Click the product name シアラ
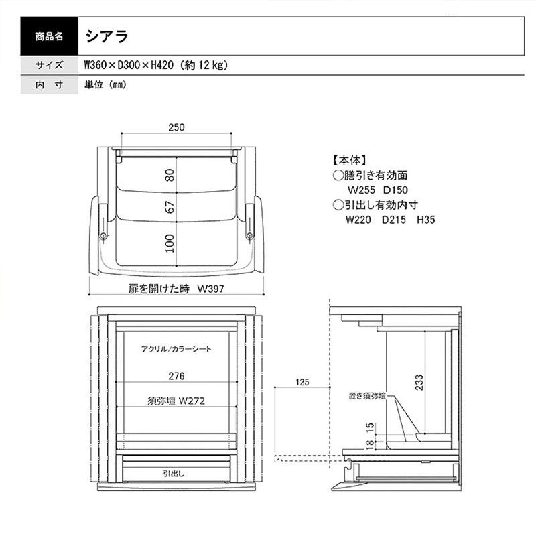pyautogui.click(x=107, y=36)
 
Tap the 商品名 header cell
pyautogui.click(x=49, y=36)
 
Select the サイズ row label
pyautogui.click(x=49, y=65)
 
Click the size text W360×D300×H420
pyautogui.click(x=129, y=65)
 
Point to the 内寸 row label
pyautogui.click(x=49, y=85)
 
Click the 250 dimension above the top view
pyautogui.click(x=176, y=127)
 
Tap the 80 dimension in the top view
pyautogui.click(x=170, y=175)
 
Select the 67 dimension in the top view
pyautogui.click(x=170, y=207)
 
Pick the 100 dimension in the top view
pyautogui.click(x=170, y=243)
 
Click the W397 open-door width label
pyautogui.click(x=210, y=289)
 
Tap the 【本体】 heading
pyautogui.click(x=349, y=160)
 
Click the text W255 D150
pyautogui.click(x=377, y=190)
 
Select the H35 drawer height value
pyautogui.click(x=426, y=220)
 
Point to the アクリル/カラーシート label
pyautogui.click(x=176, y=349)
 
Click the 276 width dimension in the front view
pyautogui.click(x=176, y=376)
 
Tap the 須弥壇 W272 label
pyautogui.click(x=176, y=401)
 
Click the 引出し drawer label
pyautogui.click(x=174, y=474)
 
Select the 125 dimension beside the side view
pyautogui.click(x=302, y=382)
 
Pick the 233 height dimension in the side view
pyautogui.click(x=419, y=382)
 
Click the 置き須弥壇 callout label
pyautogui.click(x=367, y=396)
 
